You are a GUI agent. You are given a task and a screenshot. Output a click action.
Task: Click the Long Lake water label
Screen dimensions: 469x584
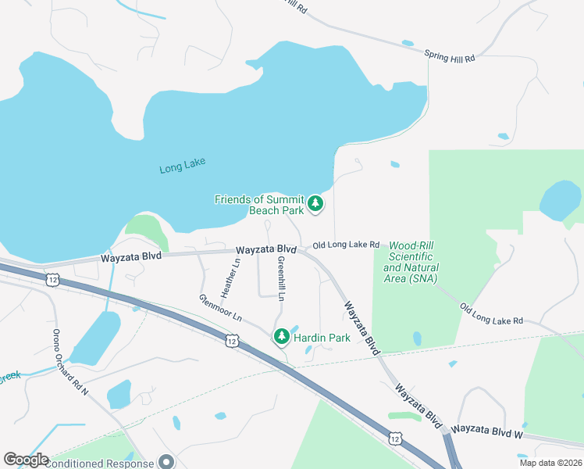click(182, 167)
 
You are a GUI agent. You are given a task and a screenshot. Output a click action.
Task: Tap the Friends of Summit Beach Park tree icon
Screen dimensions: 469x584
click(315, 204)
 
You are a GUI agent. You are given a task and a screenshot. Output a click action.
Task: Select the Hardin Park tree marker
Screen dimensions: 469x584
click(281, 337)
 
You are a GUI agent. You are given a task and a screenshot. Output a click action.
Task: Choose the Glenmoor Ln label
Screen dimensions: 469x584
click(220, 308)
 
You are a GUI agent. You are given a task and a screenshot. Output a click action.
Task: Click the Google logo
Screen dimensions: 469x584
click(26, 460)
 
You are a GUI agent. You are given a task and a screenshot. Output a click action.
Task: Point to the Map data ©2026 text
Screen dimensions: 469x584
click(550, 463)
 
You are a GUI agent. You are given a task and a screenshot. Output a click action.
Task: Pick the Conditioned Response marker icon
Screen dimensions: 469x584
click(166, 462)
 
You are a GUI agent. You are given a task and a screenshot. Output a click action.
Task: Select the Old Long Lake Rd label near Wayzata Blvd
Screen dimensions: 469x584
click(346, 245)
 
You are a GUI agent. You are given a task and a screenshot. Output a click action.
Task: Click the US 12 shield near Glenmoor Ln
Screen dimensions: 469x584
click(232, 340)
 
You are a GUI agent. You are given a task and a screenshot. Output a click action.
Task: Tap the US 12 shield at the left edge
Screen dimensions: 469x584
click(52, 279)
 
